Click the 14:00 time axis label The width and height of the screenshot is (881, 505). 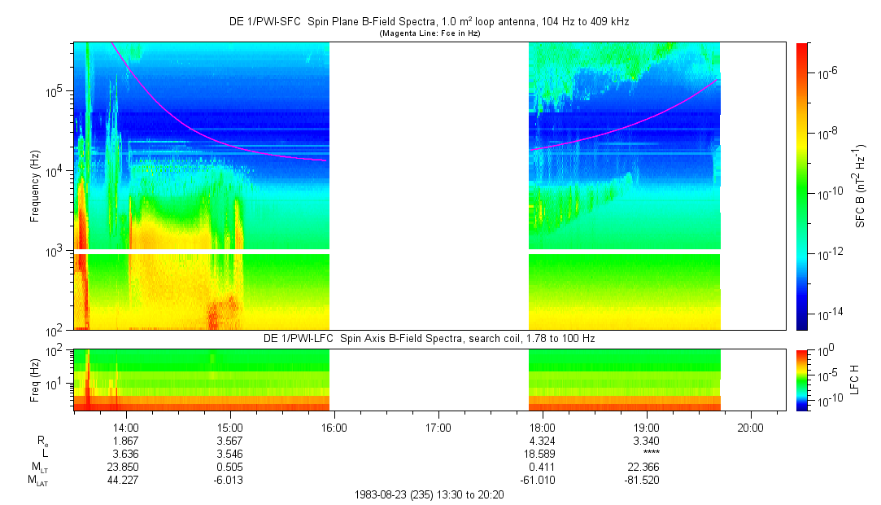tap(125, 427)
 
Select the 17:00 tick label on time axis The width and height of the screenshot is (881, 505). tap(438, 427)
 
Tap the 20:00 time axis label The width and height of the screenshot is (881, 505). tap(750, 427)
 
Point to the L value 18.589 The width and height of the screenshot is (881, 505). tap(543, 454)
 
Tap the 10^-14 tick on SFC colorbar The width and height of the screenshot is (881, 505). tap(826, 314)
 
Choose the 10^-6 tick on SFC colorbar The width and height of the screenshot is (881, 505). tap(826, 73)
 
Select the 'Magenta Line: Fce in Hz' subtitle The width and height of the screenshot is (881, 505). tap(429, 33)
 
